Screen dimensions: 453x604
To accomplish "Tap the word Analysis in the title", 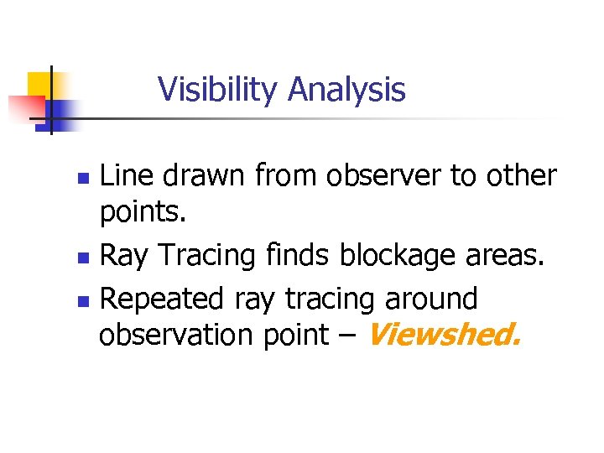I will pos(346,89).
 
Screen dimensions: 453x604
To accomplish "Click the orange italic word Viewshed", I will pos(444,336).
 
